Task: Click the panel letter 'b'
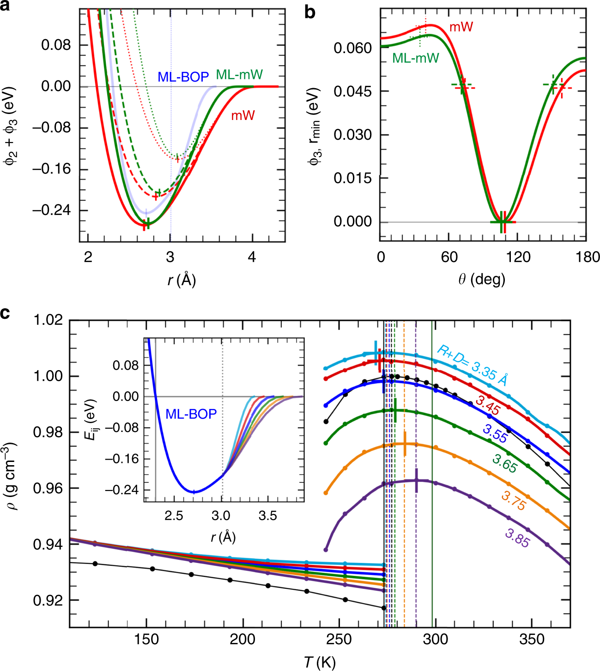(x=310, y=12)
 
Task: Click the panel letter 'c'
(x=5, y=314)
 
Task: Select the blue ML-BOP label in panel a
(x=183, y=77)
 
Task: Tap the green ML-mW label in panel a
(x=239, y=74)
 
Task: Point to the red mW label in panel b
(x=461, y=27)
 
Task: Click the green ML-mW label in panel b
(x=415, y=58)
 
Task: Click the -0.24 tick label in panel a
(x=51, y=210)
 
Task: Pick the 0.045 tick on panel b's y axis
(x=353, y=91)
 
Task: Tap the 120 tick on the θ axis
(x=518, y=257)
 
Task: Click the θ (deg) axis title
(x=482, y=279)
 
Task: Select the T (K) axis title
(x=320, y=662)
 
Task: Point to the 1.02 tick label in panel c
(x=48, y=320)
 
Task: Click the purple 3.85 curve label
(x=517, y=538)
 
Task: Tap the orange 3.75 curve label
(x=513, y=501)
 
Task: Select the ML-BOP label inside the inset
(x=191, y=414)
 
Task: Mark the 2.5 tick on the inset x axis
(x=174, y=515)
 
